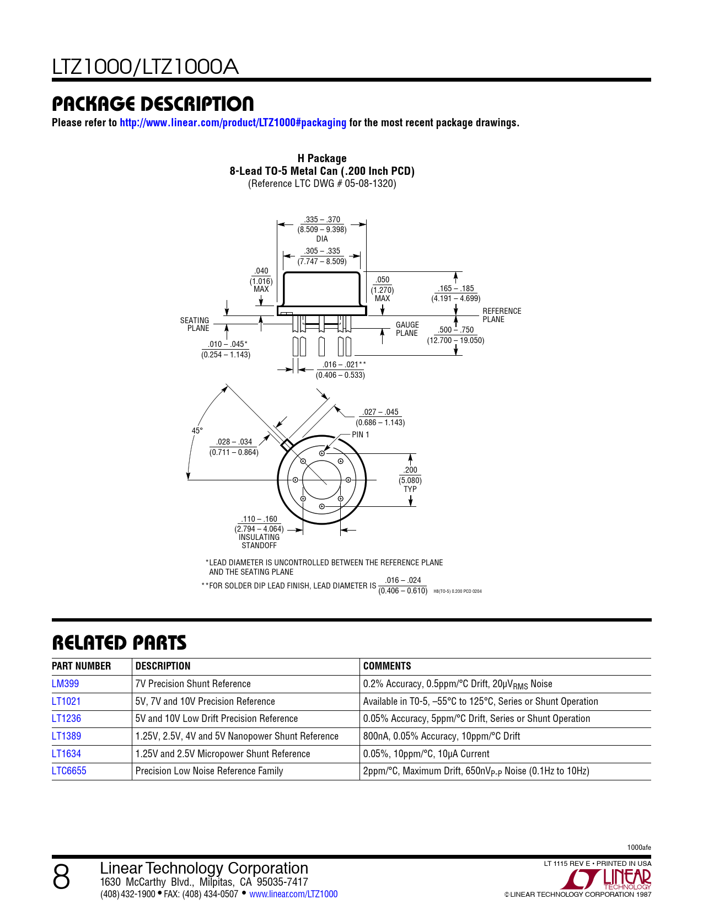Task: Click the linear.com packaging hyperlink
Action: coord(233,123)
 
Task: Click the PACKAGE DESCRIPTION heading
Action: coord(153,104)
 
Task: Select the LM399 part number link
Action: coord(65,684)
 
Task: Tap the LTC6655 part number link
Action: coord(69,771)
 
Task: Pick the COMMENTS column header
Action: coord(387,666)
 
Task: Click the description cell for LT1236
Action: coord(216,719)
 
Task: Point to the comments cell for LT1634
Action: coord(426,754)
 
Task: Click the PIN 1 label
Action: coord(361,435)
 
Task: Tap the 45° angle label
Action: coord(197,431)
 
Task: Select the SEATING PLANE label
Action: coord(195,324)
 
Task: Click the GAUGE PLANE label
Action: coord(407,329)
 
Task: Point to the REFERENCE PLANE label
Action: coord(501,315)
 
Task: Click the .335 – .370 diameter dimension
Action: coord(322,224)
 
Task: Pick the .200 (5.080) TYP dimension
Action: coord(410,479)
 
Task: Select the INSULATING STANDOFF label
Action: coord(259,541)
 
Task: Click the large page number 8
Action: coord(61,877)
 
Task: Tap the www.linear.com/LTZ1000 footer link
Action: coord(293,894)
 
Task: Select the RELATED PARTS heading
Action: coord(119,643)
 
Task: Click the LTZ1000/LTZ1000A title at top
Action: coord(145,67)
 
